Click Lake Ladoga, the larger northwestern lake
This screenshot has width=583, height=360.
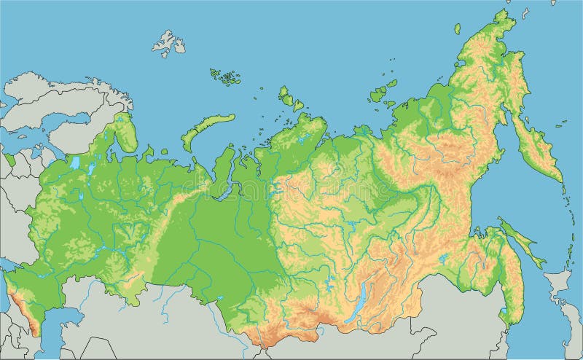coord(75,162)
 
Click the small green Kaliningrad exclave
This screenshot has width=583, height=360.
coord(9,159)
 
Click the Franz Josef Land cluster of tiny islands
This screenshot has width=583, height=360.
coord(225,75)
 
